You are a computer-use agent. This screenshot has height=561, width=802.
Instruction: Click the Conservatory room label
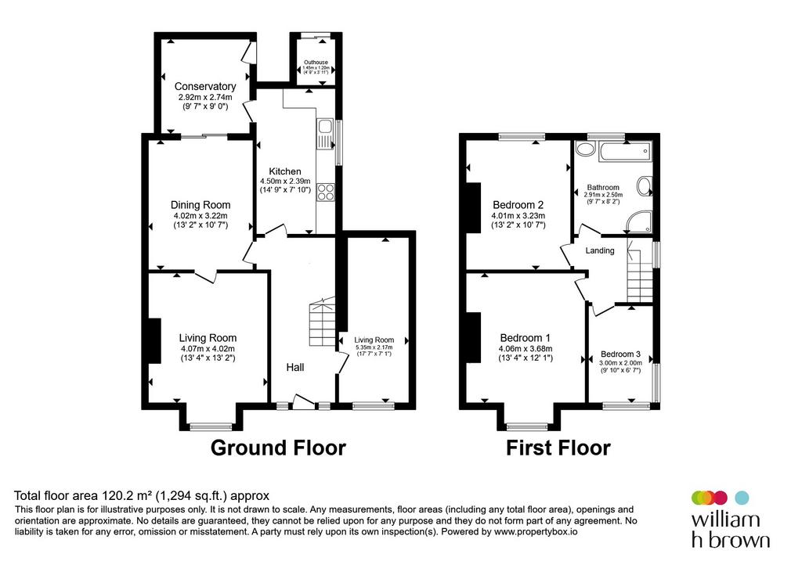coord(205,86)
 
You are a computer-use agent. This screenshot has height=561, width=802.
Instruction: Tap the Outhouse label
coord(316,63)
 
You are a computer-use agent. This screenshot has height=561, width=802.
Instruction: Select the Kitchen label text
coord(285,171)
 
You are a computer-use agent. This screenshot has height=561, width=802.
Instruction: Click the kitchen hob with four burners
coord(326,192)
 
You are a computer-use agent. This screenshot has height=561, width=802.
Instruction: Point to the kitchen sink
coord(325,134)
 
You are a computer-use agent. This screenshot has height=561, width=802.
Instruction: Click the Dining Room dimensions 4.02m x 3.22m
coord(200,216)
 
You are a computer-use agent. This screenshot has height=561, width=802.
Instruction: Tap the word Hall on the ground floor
coord(295,368)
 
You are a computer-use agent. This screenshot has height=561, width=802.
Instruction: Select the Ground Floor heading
coord(278,448)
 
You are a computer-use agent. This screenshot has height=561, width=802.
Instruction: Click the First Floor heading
coord(558,448)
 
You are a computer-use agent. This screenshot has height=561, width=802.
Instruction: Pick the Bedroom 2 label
coord(518,205)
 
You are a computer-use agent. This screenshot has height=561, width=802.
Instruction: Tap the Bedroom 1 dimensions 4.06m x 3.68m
coord(526,349)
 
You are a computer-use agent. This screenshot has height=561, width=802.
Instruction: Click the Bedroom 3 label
coord(620,354)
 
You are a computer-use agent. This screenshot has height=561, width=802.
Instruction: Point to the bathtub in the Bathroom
coord(626,152)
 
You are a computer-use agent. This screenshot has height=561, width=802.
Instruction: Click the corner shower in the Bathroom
coord(640,221)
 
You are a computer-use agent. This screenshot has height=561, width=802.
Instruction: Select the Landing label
coord(600,250)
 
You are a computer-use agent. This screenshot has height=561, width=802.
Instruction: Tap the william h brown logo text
coord(731,530)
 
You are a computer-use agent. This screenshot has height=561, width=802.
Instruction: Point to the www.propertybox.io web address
coord(536,532)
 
